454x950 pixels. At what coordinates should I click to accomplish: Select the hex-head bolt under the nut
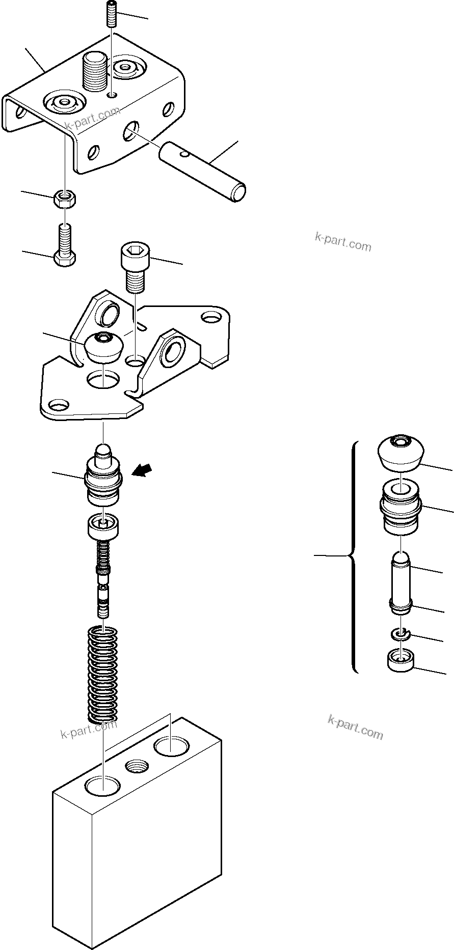(64, 246)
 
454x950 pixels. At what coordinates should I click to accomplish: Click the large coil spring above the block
(103, 674)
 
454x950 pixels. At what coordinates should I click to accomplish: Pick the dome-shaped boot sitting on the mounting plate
(104, 346)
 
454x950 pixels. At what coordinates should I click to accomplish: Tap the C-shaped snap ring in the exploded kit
(401, 634)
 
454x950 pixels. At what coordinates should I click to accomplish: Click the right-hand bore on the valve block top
(171, 747)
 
